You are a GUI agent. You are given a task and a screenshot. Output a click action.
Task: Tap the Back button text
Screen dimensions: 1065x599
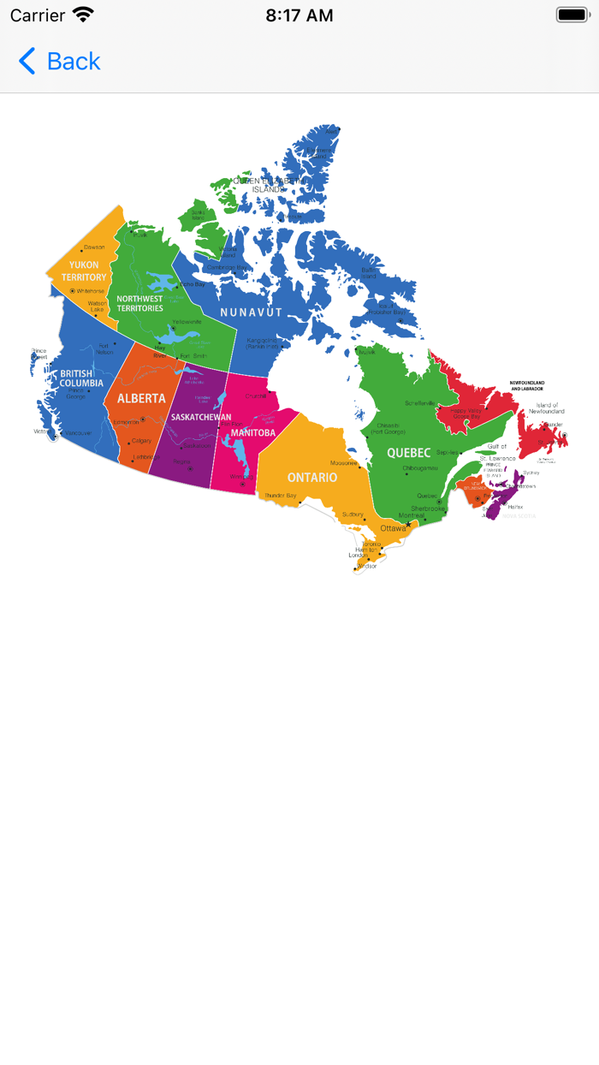tap(74, 62)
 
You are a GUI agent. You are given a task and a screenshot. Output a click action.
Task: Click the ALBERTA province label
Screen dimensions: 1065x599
tap(141, 398)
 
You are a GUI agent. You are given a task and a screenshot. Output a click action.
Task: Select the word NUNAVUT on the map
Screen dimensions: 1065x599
tap(251, 312)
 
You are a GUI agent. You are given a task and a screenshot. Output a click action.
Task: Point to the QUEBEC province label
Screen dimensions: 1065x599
tap(408, 452)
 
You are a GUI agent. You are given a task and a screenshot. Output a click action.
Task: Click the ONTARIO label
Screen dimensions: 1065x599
tap(311, 477)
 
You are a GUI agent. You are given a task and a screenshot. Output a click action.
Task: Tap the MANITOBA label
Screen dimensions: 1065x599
tap(252, 433)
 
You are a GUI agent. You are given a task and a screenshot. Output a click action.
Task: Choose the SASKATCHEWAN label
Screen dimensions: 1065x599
tap(201, 417)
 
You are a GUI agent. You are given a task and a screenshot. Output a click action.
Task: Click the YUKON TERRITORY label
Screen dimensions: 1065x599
tap(84, 271)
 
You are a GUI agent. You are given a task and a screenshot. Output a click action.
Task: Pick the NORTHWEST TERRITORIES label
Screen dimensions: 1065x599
tap(139, 304)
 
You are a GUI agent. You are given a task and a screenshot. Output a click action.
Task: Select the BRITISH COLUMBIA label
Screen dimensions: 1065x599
tap(81, 378)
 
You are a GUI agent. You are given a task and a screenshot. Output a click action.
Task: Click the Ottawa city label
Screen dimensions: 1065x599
tap(394, 528)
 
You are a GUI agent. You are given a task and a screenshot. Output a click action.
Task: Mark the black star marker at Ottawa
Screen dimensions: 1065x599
tap(408, 524)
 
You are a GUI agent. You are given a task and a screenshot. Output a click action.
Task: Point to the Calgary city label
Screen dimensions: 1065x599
tap(141, 441)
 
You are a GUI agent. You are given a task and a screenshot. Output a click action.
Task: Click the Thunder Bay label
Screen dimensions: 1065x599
tap(280, 496)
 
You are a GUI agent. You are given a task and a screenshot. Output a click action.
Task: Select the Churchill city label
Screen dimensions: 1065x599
tap(255, 396)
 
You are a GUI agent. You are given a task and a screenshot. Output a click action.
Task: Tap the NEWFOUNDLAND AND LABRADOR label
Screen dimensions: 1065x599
tap(526, 385)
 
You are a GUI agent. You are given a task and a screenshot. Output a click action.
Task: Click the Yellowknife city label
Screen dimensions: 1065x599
tap(187, 322)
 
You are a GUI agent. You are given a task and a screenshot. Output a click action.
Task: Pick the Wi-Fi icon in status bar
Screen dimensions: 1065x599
tap(83, 15)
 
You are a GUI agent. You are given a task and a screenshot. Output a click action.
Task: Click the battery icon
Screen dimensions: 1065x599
tap(572, 15)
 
